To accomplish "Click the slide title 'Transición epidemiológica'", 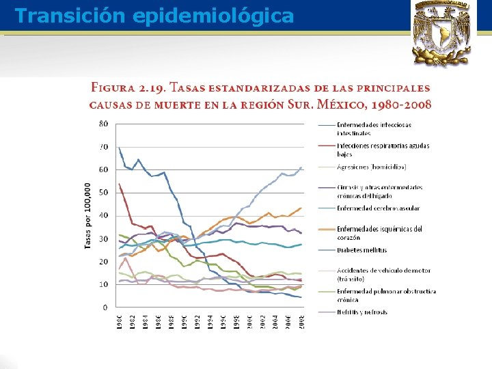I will (x=154, y=16).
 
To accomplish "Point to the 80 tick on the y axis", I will (x=103, y=124).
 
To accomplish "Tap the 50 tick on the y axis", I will (x=103, y=193).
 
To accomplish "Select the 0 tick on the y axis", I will (x=105, y=307).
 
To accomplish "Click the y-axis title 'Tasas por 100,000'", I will (x=88, y=216).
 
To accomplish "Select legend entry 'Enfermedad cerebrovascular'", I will (x=378, y=208).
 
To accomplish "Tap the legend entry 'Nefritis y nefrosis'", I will (x=361, y=312).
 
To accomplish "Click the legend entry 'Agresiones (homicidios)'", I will (x=371, y=167).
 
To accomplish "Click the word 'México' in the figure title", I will (x=342, y=105).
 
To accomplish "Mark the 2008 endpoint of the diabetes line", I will (x=301, y=167).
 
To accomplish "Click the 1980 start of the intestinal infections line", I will (x=119, y=148).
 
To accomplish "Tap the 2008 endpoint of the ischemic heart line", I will (x=301, y=208).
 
